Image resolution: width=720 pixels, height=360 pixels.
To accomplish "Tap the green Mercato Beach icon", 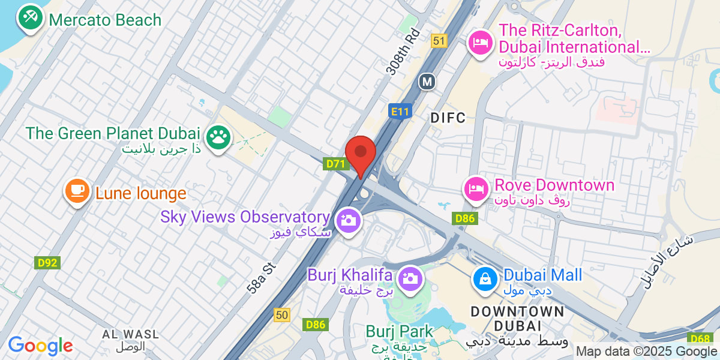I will point(29,18).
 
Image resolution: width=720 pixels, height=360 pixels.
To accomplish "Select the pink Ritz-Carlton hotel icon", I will point(481,43).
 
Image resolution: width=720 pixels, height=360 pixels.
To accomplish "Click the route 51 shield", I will point(439,40).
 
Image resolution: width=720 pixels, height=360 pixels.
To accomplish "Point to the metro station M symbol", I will point(427,81).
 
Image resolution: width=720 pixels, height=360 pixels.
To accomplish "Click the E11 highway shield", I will point(399,111).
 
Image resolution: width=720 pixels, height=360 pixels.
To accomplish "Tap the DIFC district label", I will point(448,118).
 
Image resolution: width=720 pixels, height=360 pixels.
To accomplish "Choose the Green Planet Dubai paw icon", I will point(217,137).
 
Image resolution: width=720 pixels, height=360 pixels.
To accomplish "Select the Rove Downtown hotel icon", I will point(475,188).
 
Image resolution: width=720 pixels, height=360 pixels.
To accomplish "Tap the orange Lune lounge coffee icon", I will point(76,191).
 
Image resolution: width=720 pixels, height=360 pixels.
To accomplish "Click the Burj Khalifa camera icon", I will point(410,278).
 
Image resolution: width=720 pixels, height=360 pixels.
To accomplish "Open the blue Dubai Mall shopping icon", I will point(484,278).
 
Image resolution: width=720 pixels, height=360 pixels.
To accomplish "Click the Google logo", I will point(40,346).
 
